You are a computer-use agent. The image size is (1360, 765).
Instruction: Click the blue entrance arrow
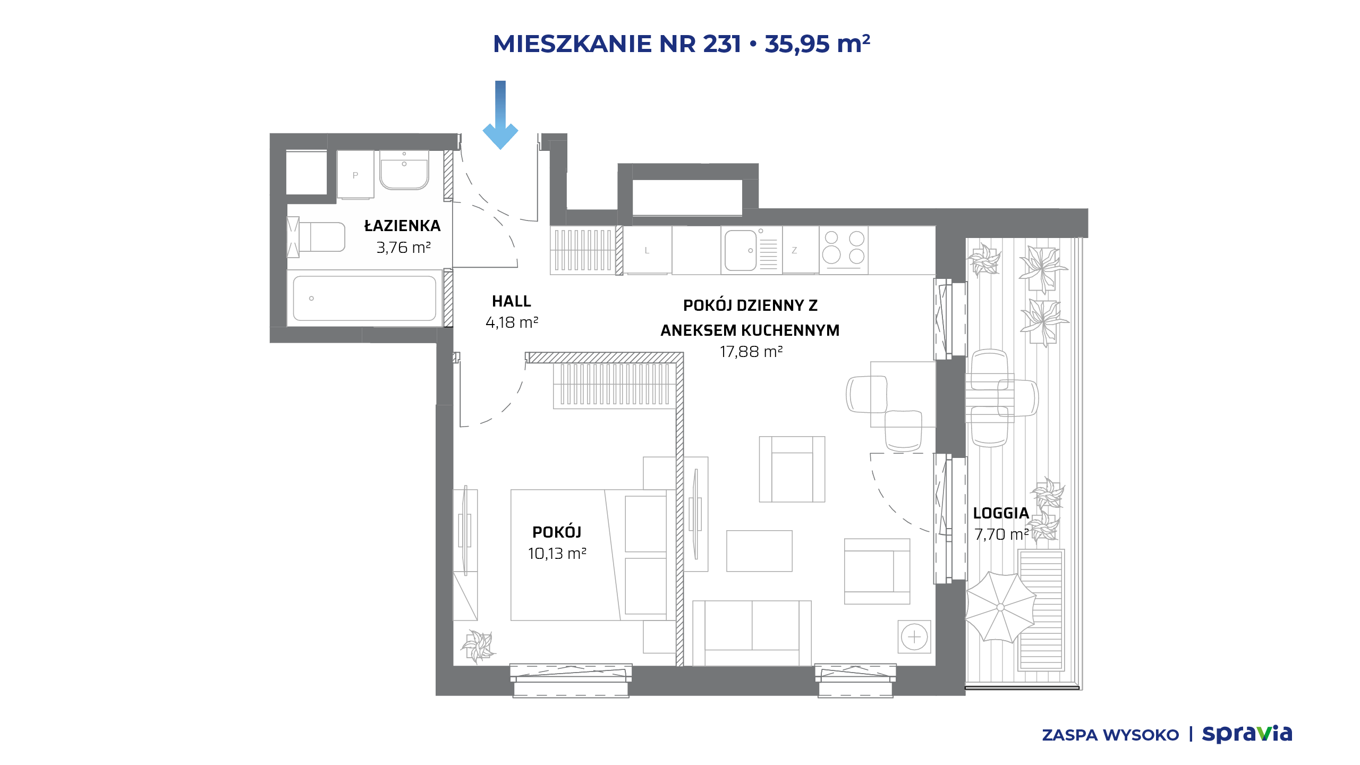(x=500, y=115)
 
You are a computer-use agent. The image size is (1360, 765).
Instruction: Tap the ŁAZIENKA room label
(x=402, y=225)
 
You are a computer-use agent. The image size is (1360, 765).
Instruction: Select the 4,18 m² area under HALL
(x=512, y=322)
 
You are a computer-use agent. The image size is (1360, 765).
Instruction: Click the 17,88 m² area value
(x=751, y=352)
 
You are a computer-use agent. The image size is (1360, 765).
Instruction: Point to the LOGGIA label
(x=1001, y=513)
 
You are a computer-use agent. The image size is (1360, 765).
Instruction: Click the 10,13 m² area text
(x=557, y=554)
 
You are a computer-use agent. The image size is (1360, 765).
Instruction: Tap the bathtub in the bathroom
(x=364, y=298)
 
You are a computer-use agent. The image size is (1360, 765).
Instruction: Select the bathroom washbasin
(x=404, y=169)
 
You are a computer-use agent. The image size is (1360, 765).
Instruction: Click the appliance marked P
(x=355, y=175)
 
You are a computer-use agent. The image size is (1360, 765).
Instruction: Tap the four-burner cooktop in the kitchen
(x=844, y=250)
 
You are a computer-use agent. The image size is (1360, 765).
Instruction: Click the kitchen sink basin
(x=741, y=250)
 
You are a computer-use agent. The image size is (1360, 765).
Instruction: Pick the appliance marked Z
(x=800, y=250)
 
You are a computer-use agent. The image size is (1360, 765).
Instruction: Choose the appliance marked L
(x=647, y=250)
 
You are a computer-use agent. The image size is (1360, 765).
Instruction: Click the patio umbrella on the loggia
(x=1000, y=607)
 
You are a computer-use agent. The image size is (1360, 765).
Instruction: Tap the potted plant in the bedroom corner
(x=478, y=646)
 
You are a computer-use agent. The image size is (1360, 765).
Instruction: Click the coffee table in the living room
(x=759, y=551)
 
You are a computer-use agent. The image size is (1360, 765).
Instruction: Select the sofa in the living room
(x=752, y=633)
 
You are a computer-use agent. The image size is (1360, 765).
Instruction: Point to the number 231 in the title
(x=722, y=44)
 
